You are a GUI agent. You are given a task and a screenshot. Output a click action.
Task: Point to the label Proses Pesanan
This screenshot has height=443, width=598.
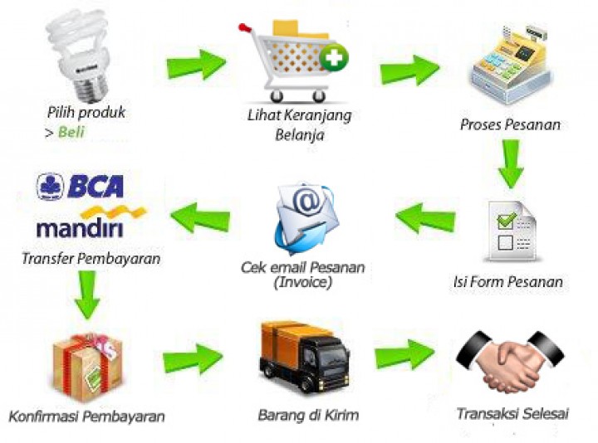[510, 125]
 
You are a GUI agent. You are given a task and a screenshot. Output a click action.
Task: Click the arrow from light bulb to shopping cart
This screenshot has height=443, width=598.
[196, 64]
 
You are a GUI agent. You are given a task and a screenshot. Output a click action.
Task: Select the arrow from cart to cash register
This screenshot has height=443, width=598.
[409, 70]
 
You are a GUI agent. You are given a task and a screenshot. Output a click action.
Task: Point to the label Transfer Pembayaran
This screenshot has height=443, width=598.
[91, 258]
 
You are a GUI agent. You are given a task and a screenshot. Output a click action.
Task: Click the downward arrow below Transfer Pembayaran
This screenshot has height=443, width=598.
[86, 294]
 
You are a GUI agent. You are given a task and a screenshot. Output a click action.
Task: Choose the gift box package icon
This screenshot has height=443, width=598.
[83, 364]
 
